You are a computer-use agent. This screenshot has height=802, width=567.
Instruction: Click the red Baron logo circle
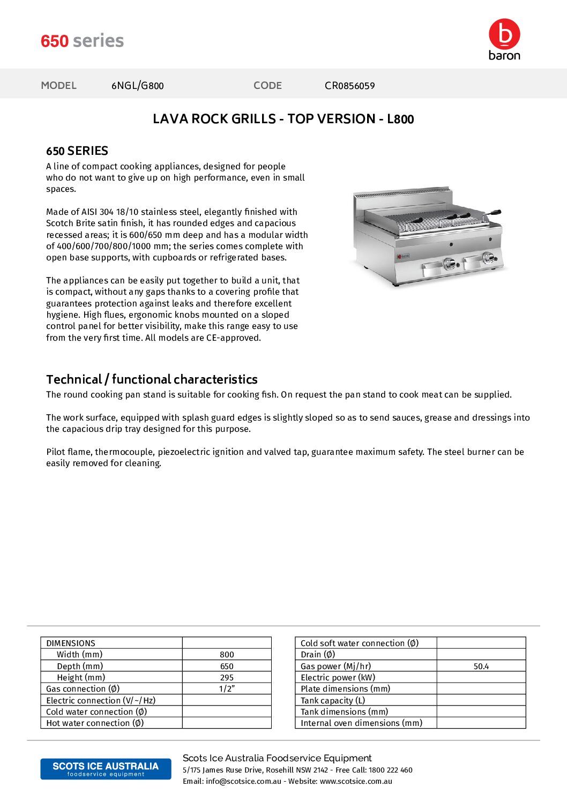pyautogui.click(x=504, y=34)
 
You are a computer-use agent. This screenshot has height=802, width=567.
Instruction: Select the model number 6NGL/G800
pyautogui.click(x=137, y=86)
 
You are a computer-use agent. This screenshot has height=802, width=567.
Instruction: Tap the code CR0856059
pyautogui.click(x=349, y=86)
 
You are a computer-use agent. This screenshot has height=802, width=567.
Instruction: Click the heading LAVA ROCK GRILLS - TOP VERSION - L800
pyautogui.click(x=283, y=119)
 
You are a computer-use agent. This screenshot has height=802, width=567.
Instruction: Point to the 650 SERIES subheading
pyautogui.click(x=77, y=151)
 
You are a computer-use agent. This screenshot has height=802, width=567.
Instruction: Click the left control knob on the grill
pyautogui.click(x=450, y=264)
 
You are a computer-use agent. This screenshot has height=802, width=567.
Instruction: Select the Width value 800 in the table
pyautogui.click(x=227, y=655)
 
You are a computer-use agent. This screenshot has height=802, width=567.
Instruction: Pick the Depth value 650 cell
pyautogui.click(x=227, y=666)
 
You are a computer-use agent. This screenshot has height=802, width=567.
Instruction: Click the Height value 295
pyautogui.click(x=227, y=678)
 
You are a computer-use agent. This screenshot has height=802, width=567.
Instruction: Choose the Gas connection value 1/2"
pyautogui.click(x=227, y=689)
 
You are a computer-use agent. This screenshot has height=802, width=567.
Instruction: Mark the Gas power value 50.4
pyautogui.click(x=481, y=666)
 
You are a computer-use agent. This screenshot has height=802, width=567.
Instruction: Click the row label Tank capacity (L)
pyautogui.click(x=333, y=701)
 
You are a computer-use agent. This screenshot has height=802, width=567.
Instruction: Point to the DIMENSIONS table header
pyautogui.click(x=71, y=643)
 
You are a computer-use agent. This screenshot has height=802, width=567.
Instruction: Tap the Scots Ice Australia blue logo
pyautogui.click(x=106, y=769)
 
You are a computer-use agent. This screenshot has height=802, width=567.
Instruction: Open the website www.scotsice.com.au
pyautogui.click(x=356, y=781)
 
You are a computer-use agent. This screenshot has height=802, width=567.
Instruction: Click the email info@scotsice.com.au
pyautogui.click(x=243, y=781)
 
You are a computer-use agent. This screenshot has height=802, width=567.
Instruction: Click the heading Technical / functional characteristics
pyautogui.click(x=152, y=379)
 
